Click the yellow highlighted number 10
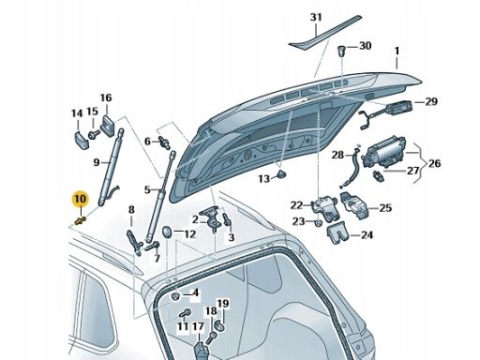[81, 199]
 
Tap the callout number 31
[316, 17]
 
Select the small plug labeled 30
[342, 51]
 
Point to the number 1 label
[397, 51]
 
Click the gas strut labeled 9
[110, 167]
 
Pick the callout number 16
[106, 97]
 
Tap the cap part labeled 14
[82, 141]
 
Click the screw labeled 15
[94, 134]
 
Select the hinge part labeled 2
[211, 219]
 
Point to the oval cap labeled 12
[167, 232]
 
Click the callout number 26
[434, 163]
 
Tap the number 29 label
[431, 101]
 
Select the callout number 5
[147, 189]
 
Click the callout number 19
[223, 304]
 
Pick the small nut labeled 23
[318, 222]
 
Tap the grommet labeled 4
[176, 296]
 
